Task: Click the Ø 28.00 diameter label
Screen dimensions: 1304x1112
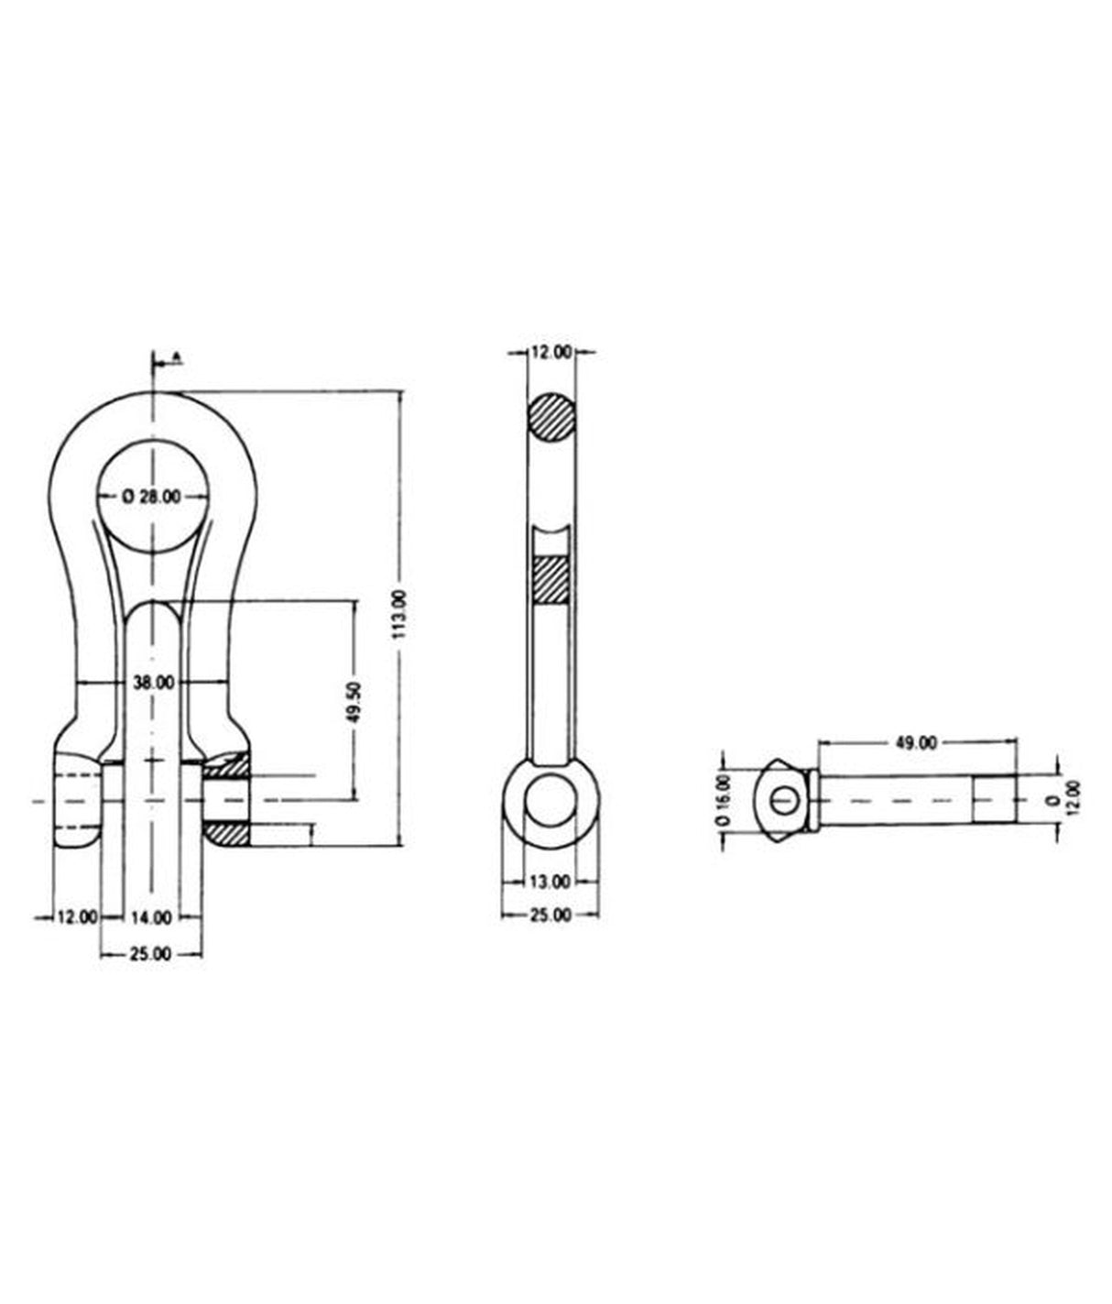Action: tap(152, 496)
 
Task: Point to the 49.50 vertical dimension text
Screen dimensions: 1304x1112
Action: tap(354, 701)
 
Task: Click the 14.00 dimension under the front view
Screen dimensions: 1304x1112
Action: tap(151, 915)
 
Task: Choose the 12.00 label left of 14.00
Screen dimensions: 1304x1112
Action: tap(77, 915)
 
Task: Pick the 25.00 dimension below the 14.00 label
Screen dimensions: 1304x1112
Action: tap(151, 953)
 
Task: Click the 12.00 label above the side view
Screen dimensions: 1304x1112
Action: tap(551, 351)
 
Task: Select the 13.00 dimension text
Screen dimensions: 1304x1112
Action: tap(551, 882)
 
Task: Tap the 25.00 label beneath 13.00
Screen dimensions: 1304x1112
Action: tap(551, 915)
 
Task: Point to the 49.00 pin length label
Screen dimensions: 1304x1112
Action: tap(916, 742)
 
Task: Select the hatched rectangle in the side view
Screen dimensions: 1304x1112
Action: tap(551, 579)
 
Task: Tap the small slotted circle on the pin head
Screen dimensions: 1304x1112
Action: tap(781, 800)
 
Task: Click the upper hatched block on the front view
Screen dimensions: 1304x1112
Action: tap(226, 763)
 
